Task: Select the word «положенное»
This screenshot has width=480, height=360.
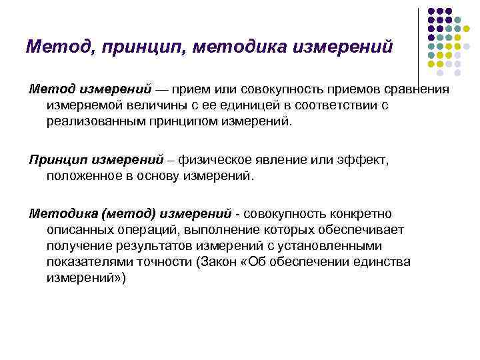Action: pyautogui.click(x=85, y=177)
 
